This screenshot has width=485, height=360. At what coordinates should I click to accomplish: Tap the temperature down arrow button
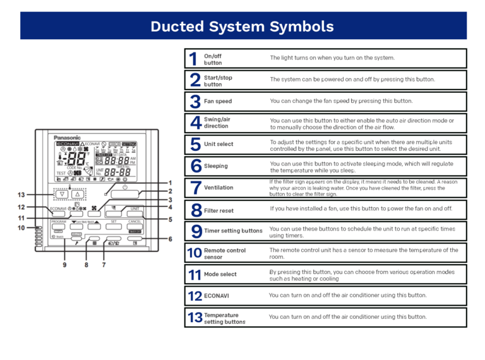[62, 194]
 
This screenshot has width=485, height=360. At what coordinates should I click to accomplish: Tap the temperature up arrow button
[78, 194]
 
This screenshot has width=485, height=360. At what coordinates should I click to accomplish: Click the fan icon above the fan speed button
[97, 208]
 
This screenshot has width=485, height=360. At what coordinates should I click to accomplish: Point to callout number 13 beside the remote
[21, 195]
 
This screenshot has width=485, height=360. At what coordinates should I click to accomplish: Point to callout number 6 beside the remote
[170, 239]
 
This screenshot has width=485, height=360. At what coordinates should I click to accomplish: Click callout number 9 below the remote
[64, 265]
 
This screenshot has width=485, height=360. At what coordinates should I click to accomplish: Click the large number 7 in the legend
[195, 188]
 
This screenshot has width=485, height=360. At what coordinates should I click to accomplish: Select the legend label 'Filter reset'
[219, 210]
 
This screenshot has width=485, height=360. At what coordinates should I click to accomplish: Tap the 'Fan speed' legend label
[218, 101]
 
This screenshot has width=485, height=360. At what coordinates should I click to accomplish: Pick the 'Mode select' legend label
[220, 275]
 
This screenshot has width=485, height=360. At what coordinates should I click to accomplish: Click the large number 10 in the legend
[195, 253]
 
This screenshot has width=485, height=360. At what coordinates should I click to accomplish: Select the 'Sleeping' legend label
[216, 166]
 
